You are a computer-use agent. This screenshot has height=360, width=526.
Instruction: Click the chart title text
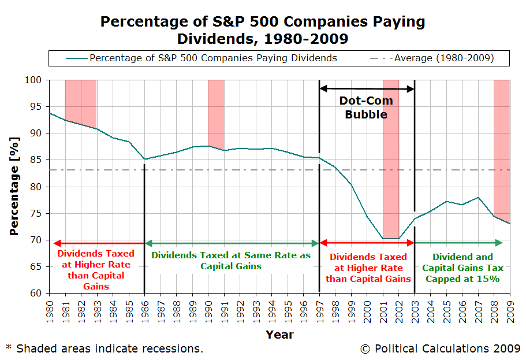pos(263,31)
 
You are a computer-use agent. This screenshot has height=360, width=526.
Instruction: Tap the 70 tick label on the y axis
pos(35,240)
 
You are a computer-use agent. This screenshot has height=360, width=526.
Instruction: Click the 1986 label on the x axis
pos(144,310)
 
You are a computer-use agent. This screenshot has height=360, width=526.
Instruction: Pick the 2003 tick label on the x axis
pos(415,310)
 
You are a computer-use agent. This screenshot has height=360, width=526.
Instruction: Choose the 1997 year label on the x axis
pos(319,310)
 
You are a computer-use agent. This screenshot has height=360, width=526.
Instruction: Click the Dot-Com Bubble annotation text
pos(366,107)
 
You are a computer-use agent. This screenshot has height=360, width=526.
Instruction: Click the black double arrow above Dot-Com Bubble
pos(367,88)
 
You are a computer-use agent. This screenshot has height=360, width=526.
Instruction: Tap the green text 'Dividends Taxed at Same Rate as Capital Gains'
pos(231,261)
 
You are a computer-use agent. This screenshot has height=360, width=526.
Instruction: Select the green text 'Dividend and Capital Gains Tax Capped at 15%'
pos(462,268)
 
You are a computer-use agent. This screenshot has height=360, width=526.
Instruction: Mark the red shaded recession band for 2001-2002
pos(391,156)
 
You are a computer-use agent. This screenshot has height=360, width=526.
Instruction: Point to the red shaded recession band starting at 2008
pos(502,144)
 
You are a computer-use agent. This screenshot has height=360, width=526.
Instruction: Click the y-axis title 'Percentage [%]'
pos(14,186)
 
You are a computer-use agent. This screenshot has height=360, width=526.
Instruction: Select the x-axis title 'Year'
pos(279,335)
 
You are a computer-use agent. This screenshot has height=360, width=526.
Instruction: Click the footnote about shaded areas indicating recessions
pos(104,348)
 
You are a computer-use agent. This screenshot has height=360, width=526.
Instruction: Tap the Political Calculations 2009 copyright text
pos(440,348)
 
